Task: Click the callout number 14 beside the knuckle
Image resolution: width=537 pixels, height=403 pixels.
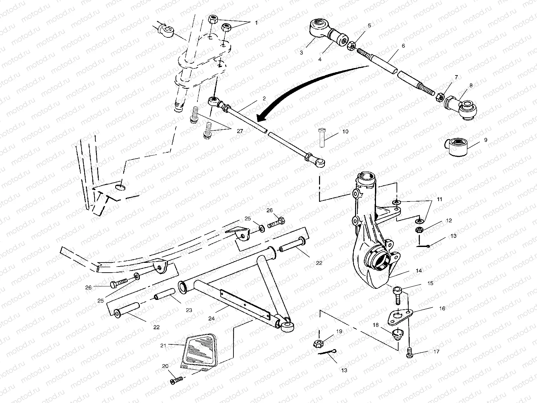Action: coord(419,271)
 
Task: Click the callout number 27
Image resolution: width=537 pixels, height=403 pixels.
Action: coord(240,131)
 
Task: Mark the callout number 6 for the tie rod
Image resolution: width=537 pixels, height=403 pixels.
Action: coord(403,45)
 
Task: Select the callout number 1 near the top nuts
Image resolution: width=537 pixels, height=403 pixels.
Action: coord(256,23)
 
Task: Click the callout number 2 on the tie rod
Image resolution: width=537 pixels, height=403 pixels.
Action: coord(264,99)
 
